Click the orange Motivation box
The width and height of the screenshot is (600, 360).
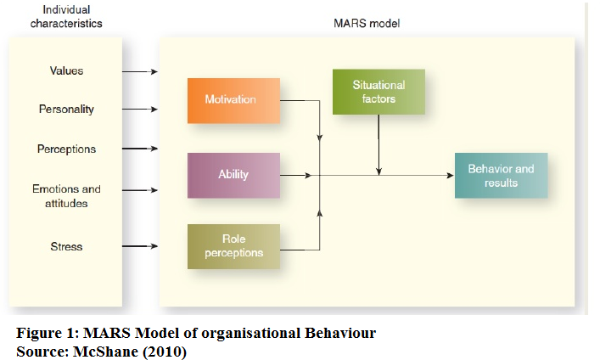(233, 101)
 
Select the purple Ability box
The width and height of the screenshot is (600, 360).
(233, 176)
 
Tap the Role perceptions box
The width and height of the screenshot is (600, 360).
(233, 246)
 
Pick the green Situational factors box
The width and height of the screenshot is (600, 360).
(379, 92)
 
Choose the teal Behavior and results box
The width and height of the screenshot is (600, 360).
(501, 176)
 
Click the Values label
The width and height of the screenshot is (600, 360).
(66, 70)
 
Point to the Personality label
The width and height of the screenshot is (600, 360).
(66, 110)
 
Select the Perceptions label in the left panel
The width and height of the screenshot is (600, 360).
(66, 149)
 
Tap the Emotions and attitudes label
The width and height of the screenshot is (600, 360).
(66, 195)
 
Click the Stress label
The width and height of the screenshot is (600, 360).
(66, 246)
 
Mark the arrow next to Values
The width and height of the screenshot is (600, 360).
(140, 71)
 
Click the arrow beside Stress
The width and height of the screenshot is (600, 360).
(140, 246)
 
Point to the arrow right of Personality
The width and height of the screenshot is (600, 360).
(140, 110)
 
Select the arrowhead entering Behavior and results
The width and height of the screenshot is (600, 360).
(451, 176)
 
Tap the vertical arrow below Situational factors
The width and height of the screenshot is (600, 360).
(379, 145)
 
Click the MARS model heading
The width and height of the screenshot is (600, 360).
(367, 24)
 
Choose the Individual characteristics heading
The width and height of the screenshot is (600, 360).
(66, 16)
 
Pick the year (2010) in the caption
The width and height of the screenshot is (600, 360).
(165, 352)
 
